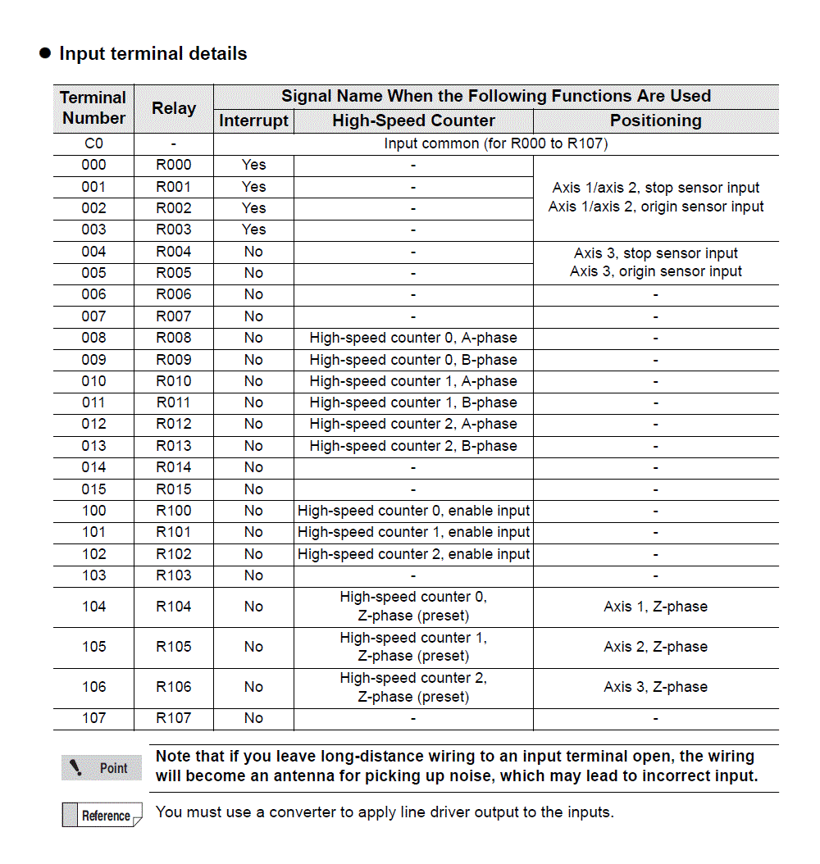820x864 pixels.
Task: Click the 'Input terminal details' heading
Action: pos(153,54)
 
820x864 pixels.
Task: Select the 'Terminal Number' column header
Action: pos(93,108)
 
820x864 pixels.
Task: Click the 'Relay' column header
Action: pos(174,108)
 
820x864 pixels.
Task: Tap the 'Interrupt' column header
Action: pos(253,121)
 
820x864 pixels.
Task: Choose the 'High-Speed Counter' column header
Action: pos(413,121)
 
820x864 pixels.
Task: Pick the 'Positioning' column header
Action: pos(655,121)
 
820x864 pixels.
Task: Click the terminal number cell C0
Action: pos(93,143)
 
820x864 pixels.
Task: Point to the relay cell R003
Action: pos(174,230)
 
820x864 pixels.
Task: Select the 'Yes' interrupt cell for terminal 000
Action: pos(253,165)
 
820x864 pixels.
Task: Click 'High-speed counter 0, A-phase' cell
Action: pos(413,338)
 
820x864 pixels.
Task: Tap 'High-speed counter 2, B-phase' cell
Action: pos(413,446)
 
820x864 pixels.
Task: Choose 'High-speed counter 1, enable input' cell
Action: pos(413,532)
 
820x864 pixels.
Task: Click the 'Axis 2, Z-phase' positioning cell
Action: pos(655,647)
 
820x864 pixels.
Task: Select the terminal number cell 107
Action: pos(93,718)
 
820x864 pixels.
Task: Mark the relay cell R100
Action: pos(174,511)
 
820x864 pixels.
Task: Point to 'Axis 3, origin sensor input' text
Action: pos(655,271)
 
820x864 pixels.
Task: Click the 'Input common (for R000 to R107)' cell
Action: pos(495,143)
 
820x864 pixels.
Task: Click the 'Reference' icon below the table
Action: pos(102,816)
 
